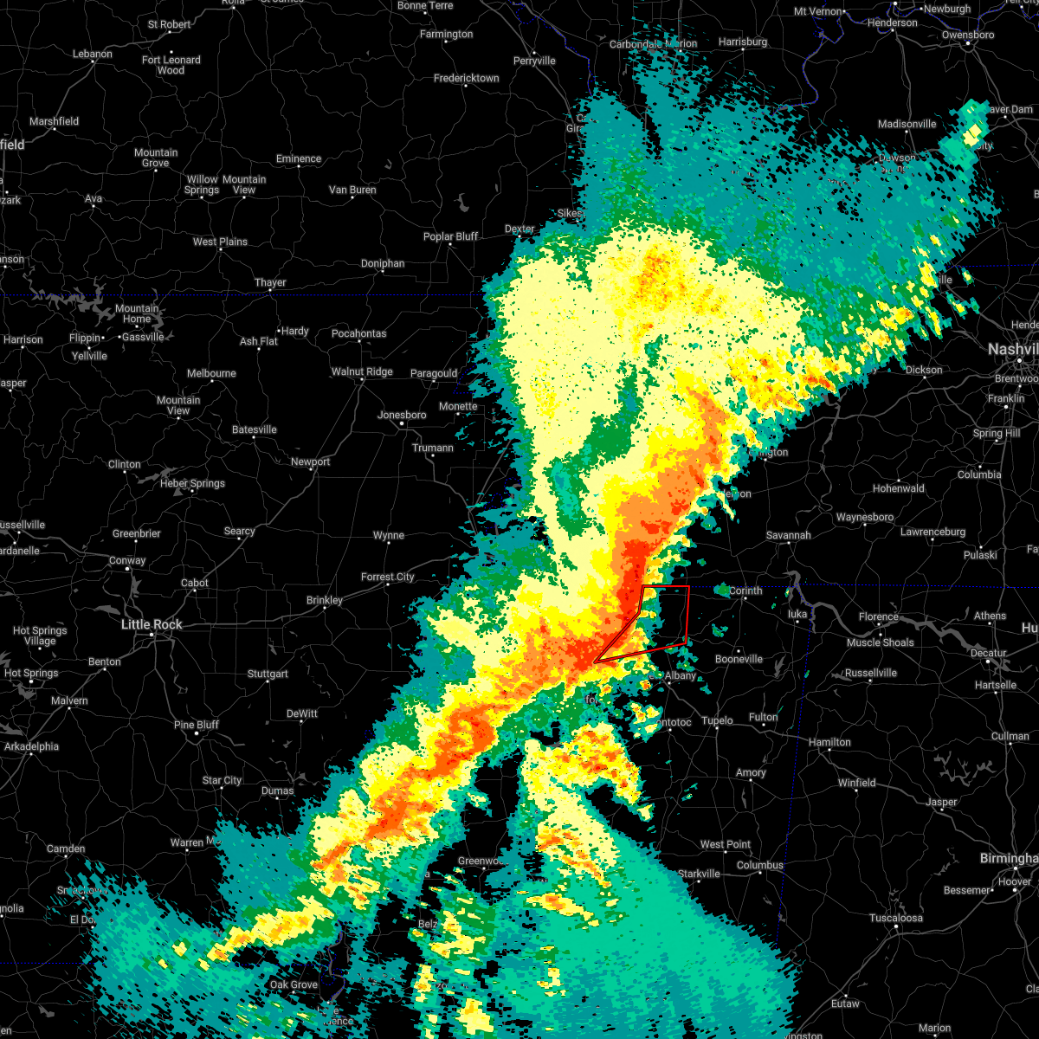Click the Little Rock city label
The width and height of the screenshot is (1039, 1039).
tap(152, 624)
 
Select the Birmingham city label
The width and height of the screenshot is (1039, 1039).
tap(1008, 858)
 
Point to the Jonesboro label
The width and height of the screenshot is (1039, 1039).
tap(402, 415)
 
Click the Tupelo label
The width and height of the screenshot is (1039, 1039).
tap(717, 720)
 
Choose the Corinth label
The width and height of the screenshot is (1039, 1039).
tap(745, 590)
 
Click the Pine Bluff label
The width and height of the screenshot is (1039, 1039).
tap(197, 725)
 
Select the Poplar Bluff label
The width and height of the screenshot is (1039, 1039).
tap(450, 236)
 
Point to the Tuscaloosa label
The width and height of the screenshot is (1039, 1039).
tap(896, 918)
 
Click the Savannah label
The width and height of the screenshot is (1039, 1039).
tap(788, 535)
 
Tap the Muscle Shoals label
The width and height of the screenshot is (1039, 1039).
tap(880, 642)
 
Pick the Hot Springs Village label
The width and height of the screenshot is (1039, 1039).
tap(35, 636)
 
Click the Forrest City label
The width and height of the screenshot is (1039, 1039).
tap(387, 577)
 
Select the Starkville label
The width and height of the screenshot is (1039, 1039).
tap(698, 874)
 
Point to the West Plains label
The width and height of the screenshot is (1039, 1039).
tap(220, 242)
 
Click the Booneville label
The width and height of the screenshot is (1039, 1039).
tap(739, 659)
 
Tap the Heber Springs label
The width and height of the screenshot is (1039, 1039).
tap(192, 483)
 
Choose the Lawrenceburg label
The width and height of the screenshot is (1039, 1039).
tap(933, 532)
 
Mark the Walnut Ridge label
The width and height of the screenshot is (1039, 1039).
tap(362, 371)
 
